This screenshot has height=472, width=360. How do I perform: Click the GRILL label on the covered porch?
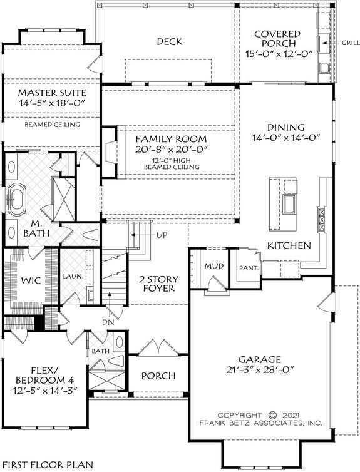tap(350, 43)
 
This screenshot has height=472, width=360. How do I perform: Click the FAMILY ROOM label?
tap(170, 138)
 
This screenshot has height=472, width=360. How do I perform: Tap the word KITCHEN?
tap(289, 246)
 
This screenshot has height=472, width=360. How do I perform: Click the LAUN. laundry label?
tap(70, 274)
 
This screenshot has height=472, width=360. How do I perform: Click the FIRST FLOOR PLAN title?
tap(48, 464)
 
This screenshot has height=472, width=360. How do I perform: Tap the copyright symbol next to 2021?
tap(272, 414)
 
